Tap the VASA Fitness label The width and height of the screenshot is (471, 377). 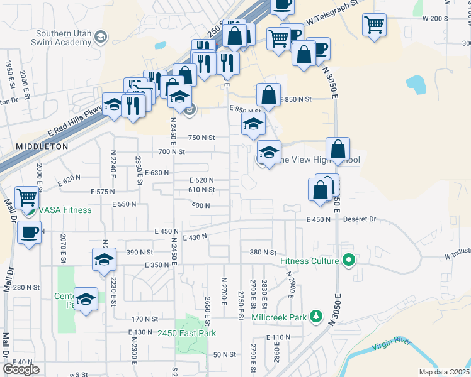pos(65,210)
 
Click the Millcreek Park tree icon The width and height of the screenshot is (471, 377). pos(315,317)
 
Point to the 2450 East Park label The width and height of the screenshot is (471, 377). pos(186,333)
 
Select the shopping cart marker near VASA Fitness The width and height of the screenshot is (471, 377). pos(27,197)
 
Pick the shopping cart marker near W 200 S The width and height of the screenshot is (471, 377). pos(374,25)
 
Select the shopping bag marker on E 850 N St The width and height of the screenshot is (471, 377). pos(268,96)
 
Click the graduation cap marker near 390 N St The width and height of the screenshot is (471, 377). pos(105,259)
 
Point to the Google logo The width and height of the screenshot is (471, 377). pos(20,369)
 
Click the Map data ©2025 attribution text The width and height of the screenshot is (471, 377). pos(444,372)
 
